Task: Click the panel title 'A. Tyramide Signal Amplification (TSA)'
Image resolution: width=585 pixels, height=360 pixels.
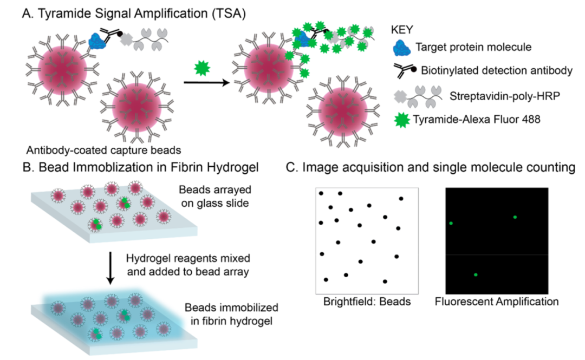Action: pyautogui.click(x=133, y=15)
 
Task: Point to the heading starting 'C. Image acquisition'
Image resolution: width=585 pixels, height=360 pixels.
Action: pyautogui.click(x=431, y=168)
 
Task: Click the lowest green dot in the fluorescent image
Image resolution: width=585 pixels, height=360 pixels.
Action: pyautogui.click(x=476, y=275)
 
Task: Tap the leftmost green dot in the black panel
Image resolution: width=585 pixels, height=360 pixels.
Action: pyautogui.click(x=451, y=222)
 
